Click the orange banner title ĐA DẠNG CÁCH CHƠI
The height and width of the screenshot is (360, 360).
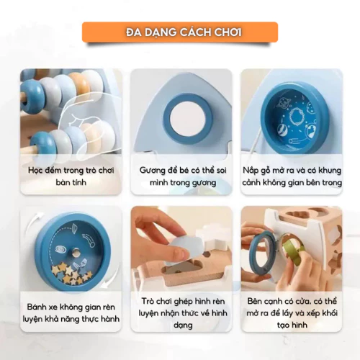point(184,32)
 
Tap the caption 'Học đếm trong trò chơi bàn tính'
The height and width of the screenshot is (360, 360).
point(71,176)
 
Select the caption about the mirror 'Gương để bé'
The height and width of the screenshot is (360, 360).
point(183,176)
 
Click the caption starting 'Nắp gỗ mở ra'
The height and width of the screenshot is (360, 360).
point(292,176)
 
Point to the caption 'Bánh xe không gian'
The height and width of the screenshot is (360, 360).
point(71,312)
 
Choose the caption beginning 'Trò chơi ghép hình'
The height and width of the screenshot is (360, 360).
point(183,313)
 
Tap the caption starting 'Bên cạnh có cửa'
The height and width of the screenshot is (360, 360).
point(292,313)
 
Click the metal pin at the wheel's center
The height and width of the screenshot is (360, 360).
point(76,252)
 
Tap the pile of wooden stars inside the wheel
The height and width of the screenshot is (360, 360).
point(71,273)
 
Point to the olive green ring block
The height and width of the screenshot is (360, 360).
point(294,254)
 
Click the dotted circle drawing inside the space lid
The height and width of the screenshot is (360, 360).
point(297,118)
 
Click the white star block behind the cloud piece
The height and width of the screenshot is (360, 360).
point(210,238)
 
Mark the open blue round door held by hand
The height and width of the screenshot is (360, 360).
point(264,253)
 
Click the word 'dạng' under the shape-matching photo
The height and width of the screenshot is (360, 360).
point(183,325)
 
